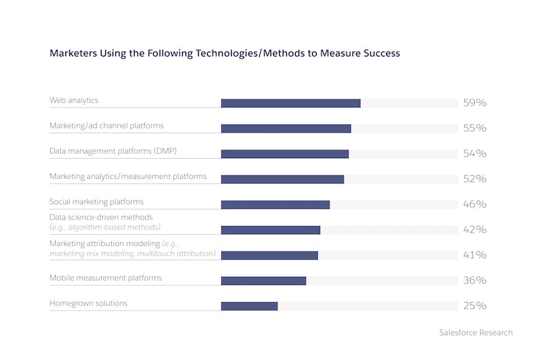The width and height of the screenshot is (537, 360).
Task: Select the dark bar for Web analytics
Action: coord(291,103)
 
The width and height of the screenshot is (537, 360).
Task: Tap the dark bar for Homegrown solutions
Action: coord(249,306)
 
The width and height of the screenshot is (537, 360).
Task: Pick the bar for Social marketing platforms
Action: coord(275,205)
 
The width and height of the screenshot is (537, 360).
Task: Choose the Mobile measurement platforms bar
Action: coord(263,281)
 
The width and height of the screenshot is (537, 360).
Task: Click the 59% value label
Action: coord(474,103)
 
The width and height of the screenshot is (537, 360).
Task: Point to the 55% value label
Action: coord(474,128)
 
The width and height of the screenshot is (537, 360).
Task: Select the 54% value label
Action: coord(474,154)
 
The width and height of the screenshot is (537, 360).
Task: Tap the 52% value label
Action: coord(474,179)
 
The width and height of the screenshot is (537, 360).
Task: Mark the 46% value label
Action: coord(474,205)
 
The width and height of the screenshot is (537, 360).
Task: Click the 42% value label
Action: coord(474,230)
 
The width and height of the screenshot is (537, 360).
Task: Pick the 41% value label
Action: coord(474,256)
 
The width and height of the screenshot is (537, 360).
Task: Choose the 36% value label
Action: coord(474,281)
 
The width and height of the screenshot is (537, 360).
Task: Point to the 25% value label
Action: coord(474,306)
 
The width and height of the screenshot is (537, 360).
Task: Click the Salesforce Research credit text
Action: coord(475,333)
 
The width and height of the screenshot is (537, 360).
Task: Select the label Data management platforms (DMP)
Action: coord(113,151)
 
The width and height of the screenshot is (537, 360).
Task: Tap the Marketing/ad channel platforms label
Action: coord(106,125)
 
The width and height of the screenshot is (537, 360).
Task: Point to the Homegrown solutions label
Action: coord(88,303)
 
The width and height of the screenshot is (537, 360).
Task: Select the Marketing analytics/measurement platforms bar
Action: coord(282,179)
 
